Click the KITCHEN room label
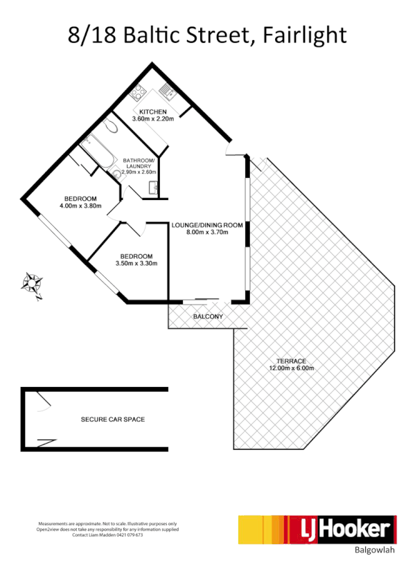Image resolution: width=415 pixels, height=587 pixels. (x=152, y=112)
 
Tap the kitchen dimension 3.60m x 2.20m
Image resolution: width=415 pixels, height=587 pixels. (x=152, y=119)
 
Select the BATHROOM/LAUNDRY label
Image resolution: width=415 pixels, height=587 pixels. (x=139, y=163)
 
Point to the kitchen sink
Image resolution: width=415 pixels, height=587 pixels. (x=166, y=89)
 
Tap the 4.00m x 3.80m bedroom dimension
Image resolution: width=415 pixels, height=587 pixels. (x=80, y=206)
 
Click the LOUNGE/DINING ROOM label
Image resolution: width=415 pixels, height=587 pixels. (x=207, y=224)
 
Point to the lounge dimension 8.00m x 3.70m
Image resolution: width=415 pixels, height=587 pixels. (x=207, y=232)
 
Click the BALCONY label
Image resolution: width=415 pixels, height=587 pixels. (x=208, y=316)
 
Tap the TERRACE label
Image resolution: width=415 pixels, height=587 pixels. (x=291, y=361)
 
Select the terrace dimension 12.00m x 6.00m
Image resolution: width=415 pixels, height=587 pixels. (x=291, y=368)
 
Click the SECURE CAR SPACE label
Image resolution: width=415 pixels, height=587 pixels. (x=113, y=419)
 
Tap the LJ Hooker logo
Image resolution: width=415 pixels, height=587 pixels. (x=317, y=530)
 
